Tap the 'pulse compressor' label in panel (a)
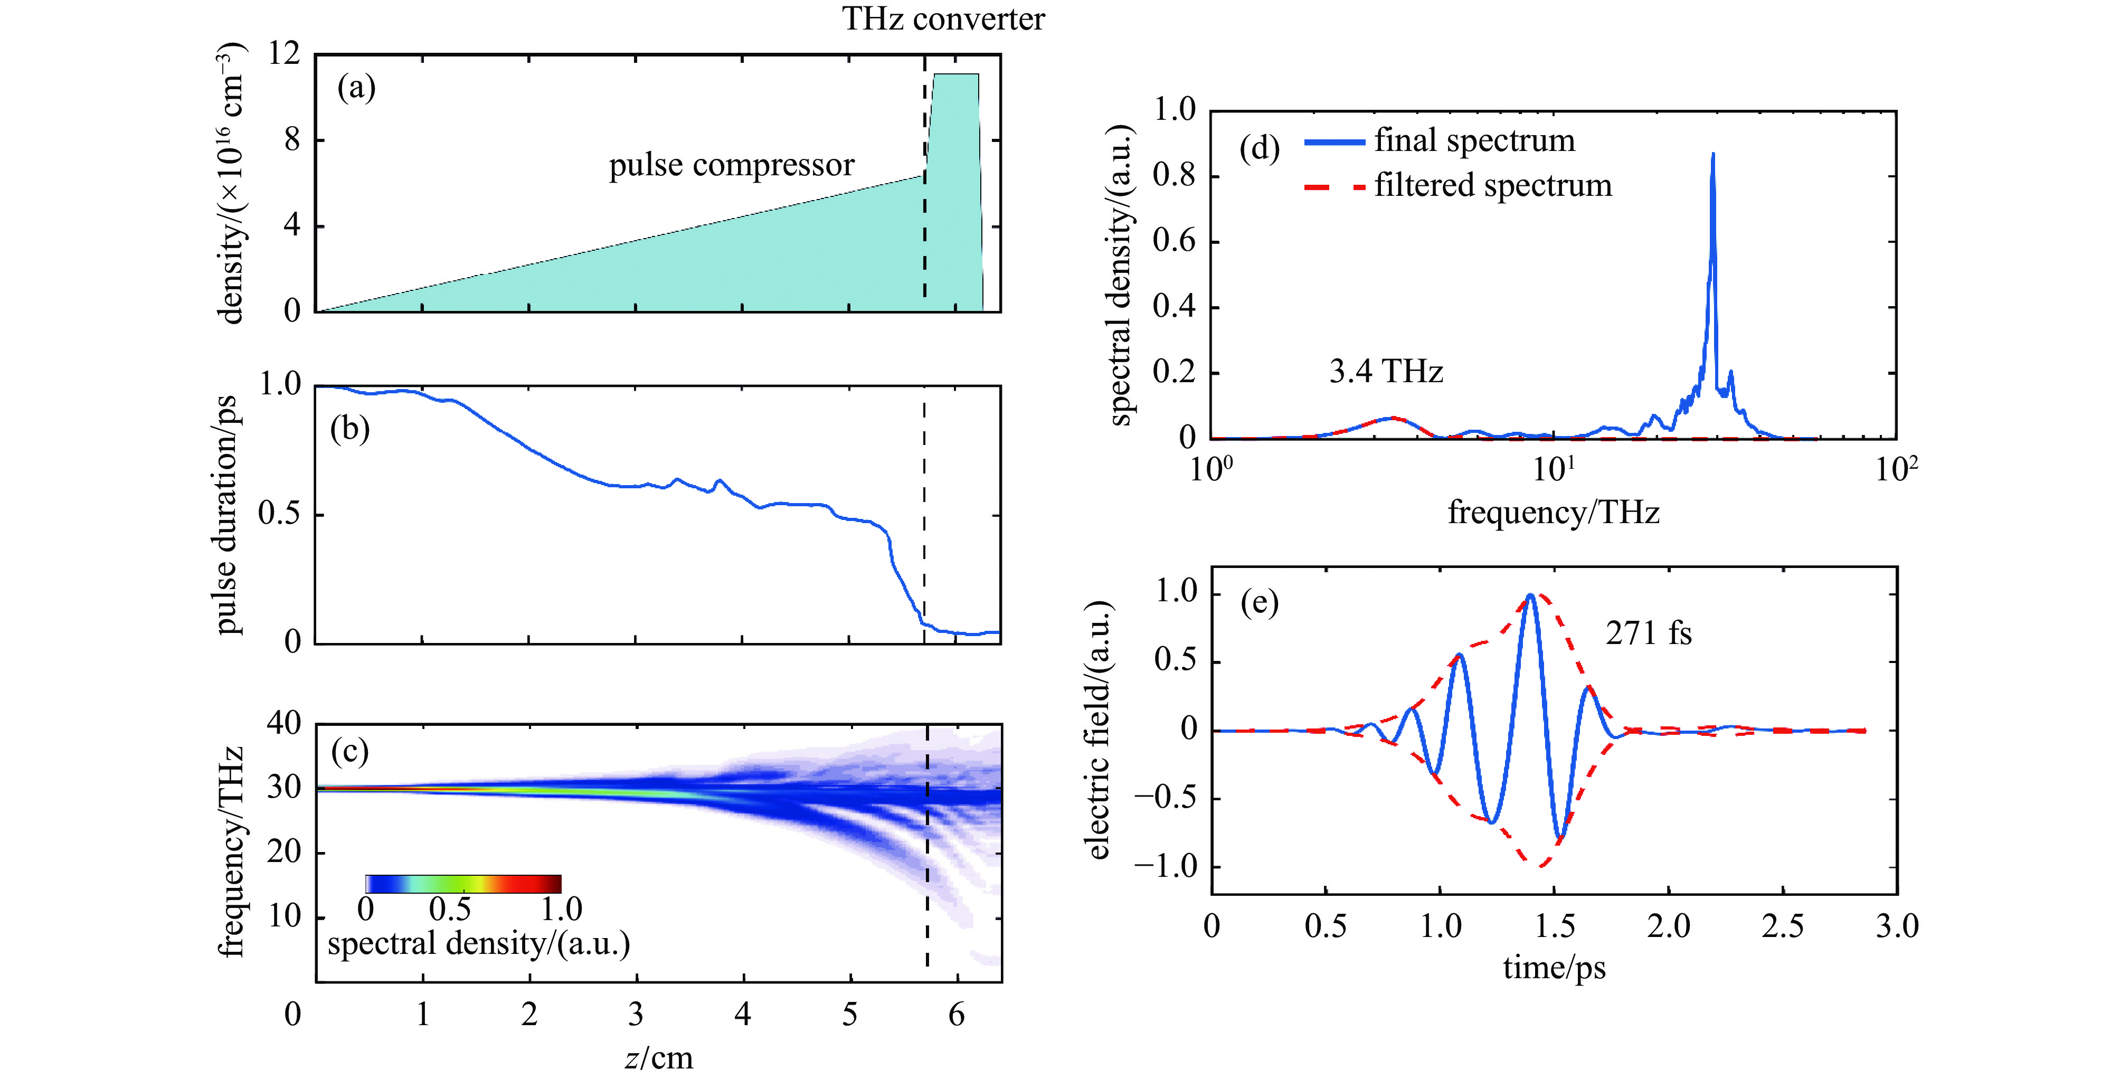pyautogui.click(x=732, y=165)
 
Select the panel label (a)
pyautogui.click(x=356, y=87)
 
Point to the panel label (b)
pyautogui.click(x=350, y=429)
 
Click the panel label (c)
pyautogui.click(x=350, y=751)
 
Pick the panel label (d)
pyautogui.click(x=1259, y=148)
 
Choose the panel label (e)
pyautogui.click(x=1259, y=603)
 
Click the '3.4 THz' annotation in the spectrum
pyautogui.click(x=1386, y=372)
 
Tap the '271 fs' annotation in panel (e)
pyautogui.click(x=1649, y=633)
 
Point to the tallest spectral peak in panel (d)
pyautogui.click(x=1712, y=155)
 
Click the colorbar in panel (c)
pyautogui.click(x=463, y=884)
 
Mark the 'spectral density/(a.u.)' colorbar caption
pyautogui.click(x=478, y=943)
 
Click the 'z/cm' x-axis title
pyautogui.click(x=658, y=1057)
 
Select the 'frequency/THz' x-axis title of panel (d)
pyautogui.click(x=1554, y=512)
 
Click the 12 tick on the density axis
pyautogui.click(x=284, y=54)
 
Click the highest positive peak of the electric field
pyautogui.click(x=1530, y=595)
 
